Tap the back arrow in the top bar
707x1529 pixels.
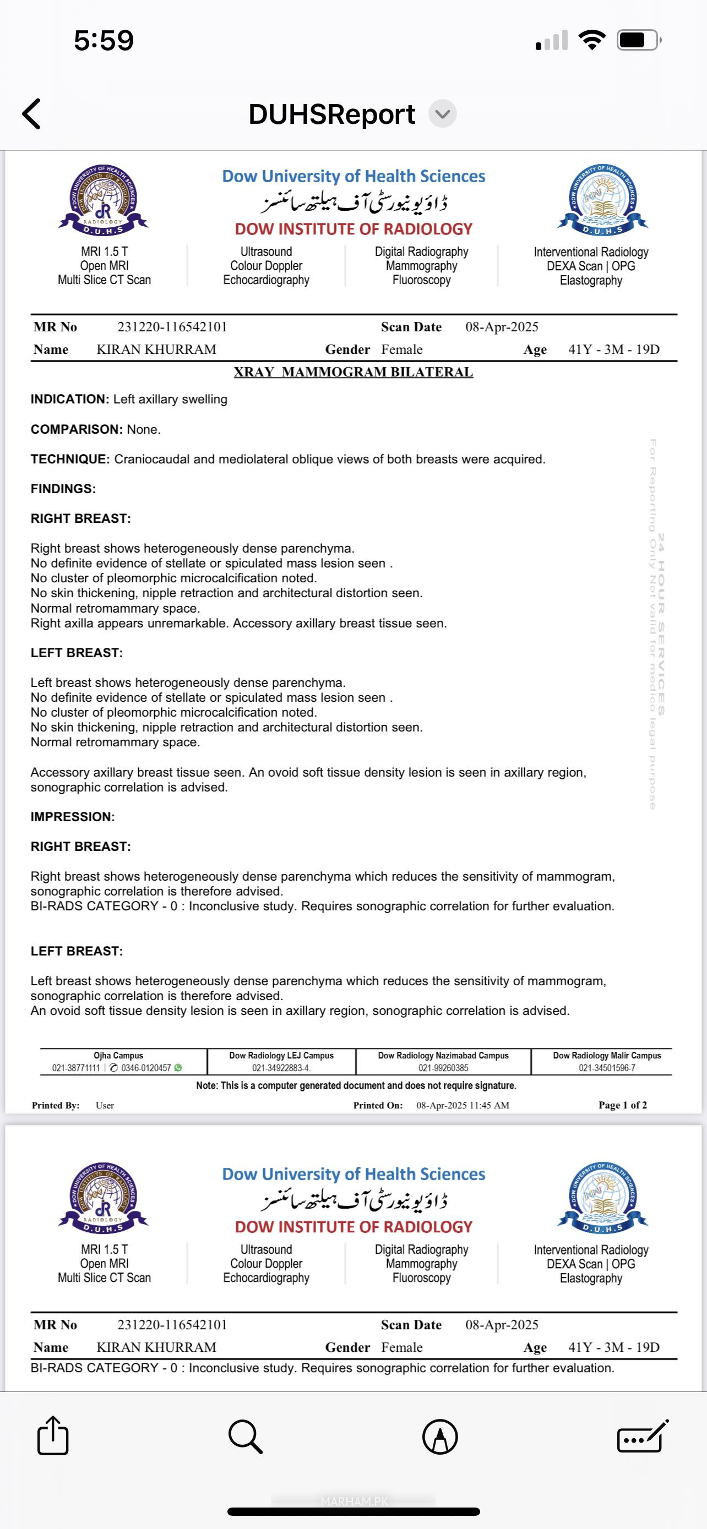(31, 113)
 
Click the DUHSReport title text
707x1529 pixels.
(331, 114)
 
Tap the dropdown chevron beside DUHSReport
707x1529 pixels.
(442, 114)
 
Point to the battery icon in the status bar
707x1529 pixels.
(639, 40)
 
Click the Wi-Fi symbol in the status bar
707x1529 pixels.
(591, 40)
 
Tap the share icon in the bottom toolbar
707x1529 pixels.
(53, 1436)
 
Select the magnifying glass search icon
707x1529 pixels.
(244, 1437)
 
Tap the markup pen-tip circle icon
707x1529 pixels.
(440, 1437)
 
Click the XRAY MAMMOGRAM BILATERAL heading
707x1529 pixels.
(353, 372)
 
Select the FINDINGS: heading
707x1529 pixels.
(63, 489)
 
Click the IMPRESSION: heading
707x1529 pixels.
(73, 817)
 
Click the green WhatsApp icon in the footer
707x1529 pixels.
(178, 1068)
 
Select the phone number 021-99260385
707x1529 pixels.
(443, 1068)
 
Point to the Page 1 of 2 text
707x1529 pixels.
(623, 1105)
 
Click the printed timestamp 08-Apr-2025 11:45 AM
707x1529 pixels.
(463, 1105)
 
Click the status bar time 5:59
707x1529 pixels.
(104, 40)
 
